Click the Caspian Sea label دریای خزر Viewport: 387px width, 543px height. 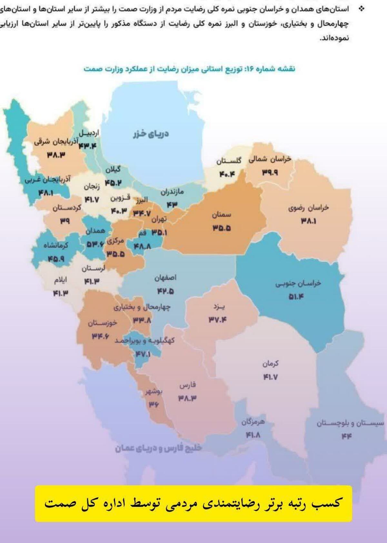(x=151, y=134)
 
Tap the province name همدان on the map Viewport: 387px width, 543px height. (x=95, y=231)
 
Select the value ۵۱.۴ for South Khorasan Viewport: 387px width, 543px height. (x=296, y=296)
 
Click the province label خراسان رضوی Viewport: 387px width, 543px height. (x=308, y=208)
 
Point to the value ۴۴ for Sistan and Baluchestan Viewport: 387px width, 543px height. (x=347, y=436)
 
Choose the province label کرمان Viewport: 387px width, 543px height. (x=270, y=364)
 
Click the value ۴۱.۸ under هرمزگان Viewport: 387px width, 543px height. (x=253, y=435)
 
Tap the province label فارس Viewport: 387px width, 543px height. (x=187, y=385)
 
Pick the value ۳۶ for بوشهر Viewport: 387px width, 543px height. (x=154, y=405)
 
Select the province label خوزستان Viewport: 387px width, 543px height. (x=103, y=323)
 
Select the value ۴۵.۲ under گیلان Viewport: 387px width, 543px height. (x=113, y=183)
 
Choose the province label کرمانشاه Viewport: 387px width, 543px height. (x=56, y=245)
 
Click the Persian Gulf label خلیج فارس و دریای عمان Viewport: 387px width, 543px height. (x=158, y=449)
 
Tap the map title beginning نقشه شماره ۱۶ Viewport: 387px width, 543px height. (x=189, y=69)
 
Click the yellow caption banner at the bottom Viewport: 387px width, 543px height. (x=193, y=503)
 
